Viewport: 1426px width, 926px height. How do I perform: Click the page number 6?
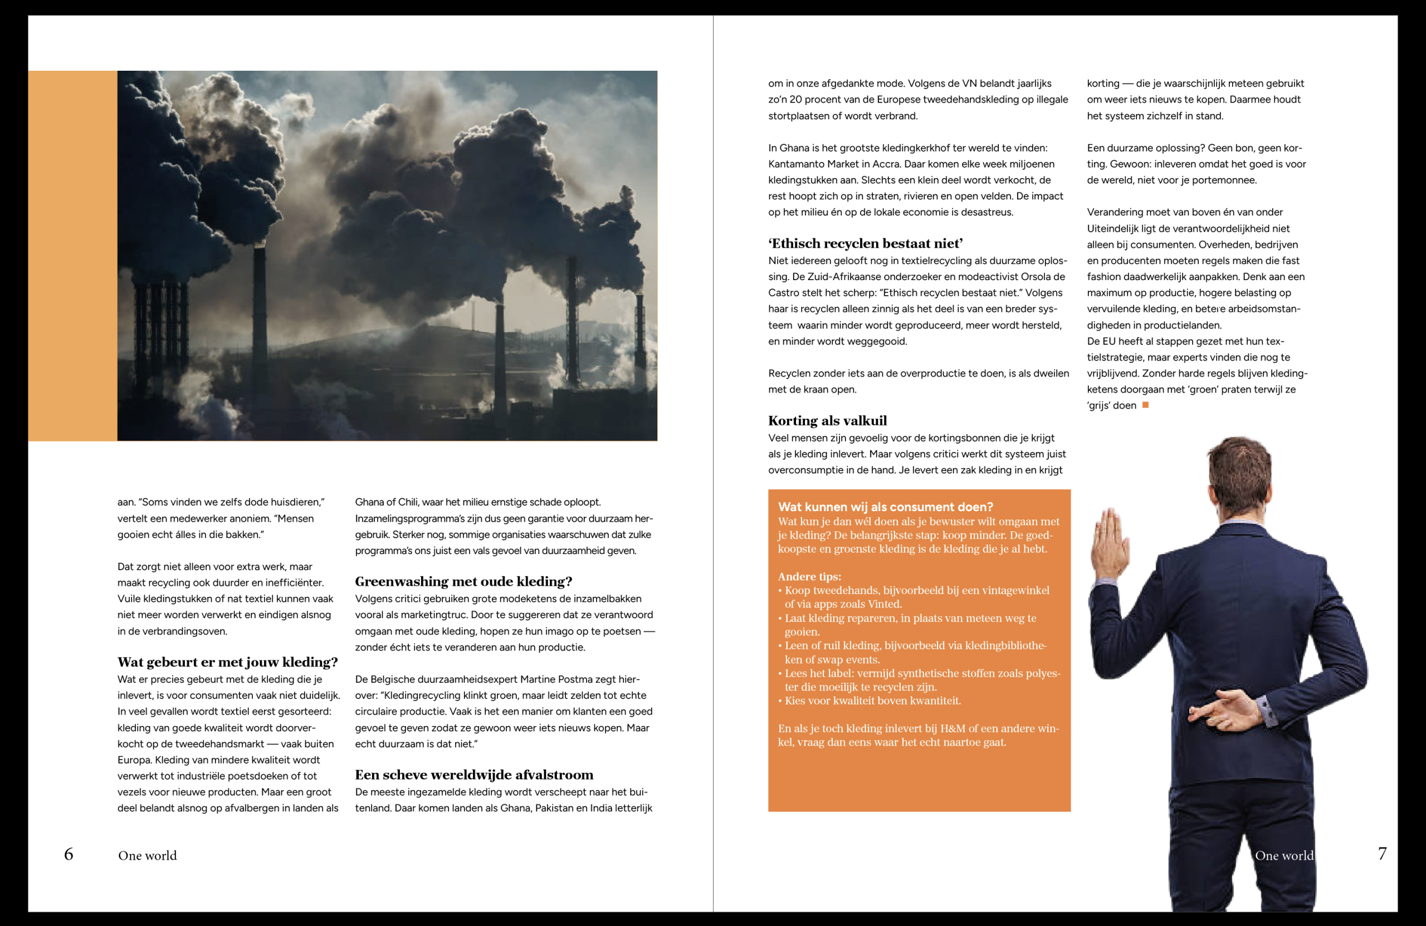coord(69,854)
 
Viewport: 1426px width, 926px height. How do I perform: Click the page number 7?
coord(1381,854)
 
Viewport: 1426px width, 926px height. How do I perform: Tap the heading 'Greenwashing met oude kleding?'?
coord(463,581)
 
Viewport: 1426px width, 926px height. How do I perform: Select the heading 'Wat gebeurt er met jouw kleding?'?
coord(228,662)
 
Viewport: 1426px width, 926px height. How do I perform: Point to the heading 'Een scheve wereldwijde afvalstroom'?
coord(474,775)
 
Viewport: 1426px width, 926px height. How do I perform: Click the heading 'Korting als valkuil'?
coord(827,420)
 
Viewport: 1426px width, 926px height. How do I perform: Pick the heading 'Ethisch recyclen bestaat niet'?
coord(865,243)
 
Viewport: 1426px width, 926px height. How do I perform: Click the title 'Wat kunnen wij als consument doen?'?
coord(885,507)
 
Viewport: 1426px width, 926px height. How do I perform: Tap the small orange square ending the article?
coord(1146,405)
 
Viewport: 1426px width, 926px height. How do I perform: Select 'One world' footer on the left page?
coord(148,855)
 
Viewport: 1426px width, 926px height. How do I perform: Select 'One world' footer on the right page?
coord(1284,855)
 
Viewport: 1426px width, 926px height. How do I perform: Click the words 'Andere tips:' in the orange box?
coord(809,576)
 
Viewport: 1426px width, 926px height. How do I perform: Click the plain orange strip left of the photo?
coord(72,256)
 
